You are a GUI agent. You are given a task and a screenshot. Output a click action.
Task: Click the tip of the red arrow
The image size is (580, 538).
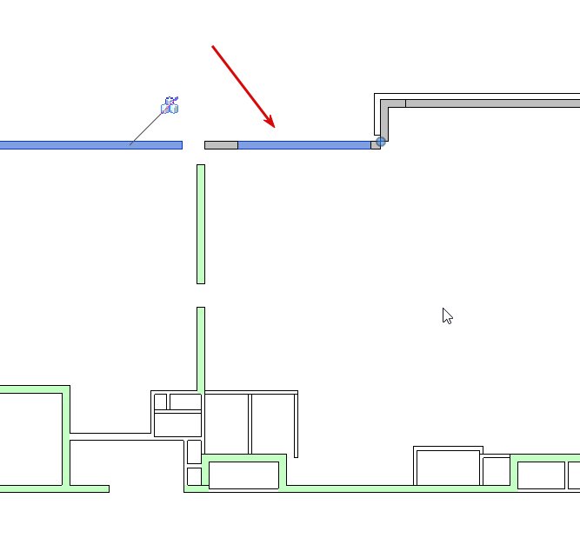point(275,127)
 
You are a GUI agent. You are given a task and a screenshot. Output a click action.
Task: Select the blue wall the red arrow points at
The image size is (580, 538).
point(304,145)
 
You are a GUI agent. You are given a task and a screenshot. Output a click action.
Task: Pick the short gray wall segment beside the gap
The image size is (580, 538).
point(221,145)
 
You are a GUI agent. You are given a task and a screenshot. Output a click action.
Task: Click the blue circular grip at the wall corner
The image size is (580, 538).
point(381,141)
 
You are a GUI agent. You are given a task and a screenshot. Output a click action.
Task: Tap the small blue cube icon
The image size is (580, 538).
point(170,106)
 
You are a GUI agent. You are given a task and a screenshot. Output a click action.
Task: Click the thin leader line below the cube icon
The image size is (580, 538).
point(145,130)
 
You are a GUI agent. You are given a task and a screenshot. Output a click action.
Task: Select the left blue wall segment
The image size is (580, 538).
point(87,145)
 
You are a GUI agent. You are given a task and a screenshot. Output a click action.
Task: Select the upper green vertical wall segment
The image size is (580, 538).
point(201,223)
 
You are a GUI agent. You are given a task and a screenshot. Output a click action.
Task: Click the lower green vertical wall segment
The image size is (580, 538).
point(201,348)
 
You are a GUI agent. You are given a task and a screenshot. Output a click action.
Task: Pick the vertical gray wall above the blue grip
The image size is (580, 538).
point(384,122)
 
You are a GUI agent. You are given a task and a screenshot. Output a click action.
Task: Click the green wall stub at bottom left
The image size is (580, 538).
point(87,488)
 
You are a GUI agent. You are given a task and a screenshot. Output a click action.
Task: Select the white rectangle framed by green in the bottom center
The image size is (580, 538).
point(243,475)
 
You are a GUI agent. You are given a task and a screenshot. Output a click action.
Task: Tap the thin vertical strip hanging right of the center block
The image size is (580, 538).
point(296,426)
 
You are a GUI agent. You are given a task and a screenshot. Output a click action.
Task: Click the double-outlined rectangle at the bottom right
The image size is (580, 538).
point(447,467)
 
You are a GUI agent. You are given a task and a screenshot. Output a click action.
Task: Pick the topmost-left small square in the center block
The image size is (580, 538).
point(160,402)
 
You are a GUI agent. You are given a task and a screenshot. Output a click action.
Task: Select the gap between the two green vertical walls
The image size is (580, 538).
point(201,296)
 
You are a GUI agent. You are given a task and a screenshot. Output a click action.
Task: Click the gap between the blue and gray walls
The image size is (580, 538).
point(193,145)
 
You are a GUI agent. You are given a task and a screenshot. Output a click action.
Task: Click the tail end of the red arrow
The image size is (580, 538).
point(213,46)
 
